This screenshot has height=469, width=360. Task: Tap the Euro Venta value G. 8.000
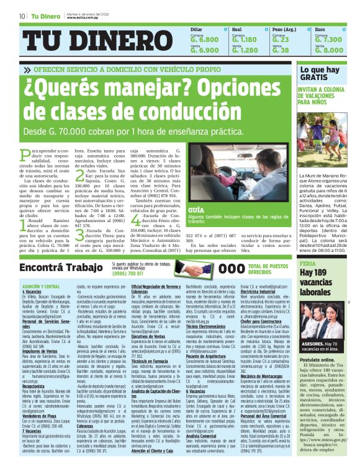pos(328,50)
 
